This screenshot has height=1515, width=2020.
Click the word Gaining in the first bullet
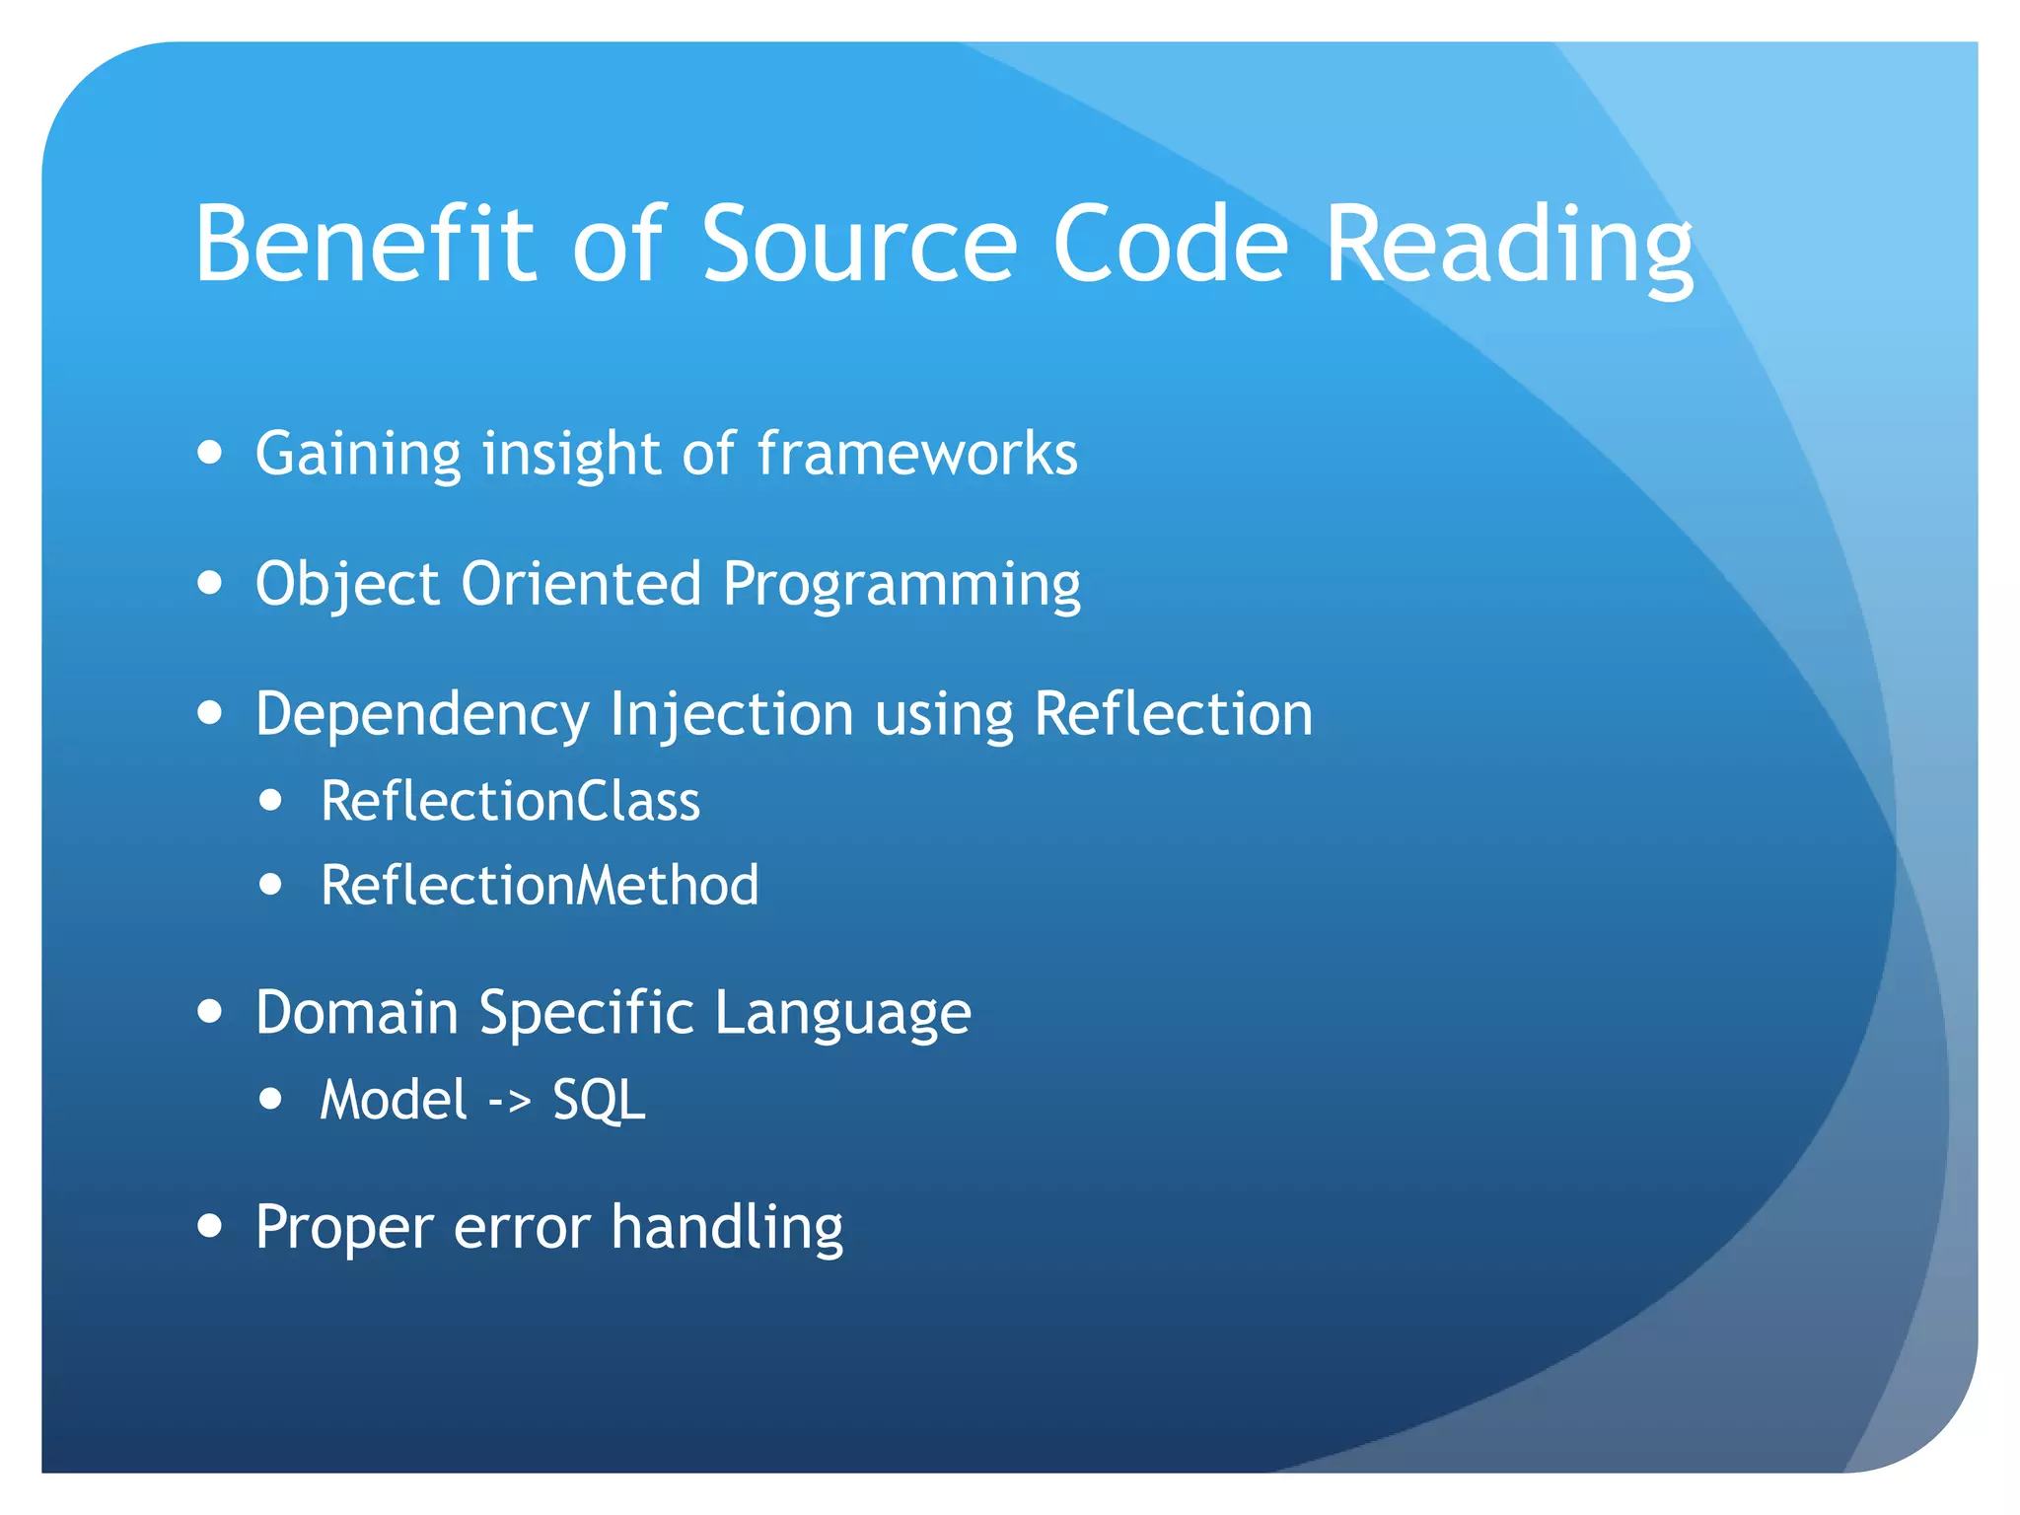coord(358,456)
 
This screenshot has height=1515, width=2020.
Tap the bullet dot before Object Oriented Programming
coord(209,582)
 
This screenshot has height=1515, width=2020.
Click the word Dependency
coord(421,715)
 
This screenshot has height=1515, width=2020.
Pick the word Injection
coord(731,715)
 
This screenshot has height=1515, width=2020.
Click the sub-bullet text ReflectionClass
coord(510,801)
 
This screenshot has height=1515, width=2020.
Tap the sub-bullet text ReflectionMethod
coord(540,885)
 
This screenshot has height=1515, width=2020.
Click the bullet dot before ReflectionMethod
coord(271,885)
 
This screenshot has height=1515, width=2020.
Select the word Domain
coord(357,1012)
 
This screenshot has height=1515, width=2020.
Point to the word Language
coord(842,1014)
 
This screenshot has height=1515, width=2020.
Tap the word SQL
coord(599,1100)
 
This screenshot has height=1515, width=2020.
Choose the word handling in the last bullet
coord(727,1228)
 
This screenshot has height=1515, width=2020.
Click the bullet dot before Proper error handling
coord(209,1226)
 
